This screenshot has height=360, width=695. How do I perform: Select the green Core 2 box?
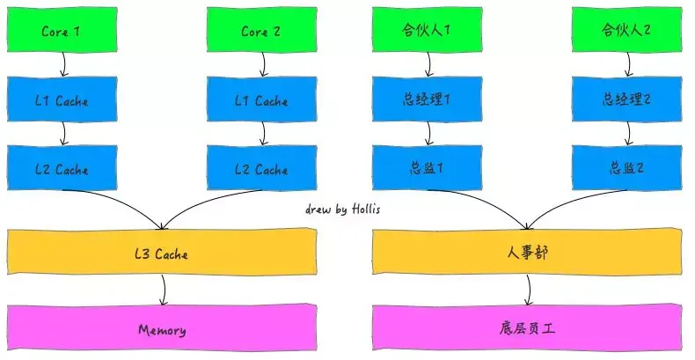pos(260,31)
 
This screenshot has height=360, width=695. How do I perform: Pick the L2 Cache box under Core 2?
pos(260,169)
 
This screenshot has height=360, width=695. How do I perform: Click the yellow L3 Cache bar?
pos(162,253)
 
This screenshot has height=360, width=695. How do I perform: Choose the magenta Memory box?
pos(162,329)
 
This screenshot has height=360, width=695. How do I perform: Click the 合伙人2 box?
pos(626,31)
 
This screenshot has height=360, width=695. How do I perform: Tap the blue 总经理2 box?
pos(626,99)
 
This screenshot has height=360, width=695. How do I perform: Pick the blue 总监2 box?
pos(626,169)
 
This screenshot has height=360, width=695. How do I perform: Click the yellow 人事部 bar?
pos(528,253)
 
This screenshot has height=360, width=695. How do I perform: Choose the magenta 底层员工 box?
pos(528,329)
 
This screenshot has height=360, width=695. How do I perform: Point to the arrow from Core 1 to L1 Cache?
pos(63,63)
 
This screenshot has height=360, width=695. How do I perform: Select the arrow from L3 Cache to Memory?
pos(164,290)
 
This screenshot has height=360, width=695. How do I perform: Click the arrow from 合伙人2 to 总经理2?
pos(627,63)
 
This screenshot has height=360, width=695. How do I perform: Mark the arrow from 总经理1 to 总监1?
pos(428,133)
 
